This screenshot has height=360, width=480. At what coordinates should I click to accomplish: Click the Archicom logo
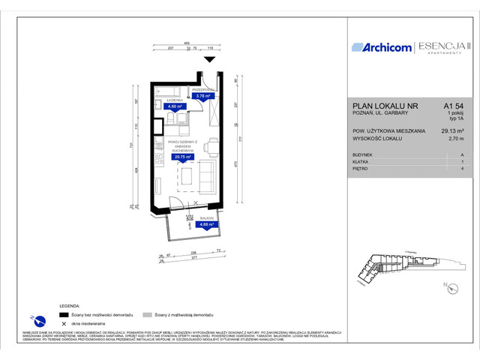coord(382,47)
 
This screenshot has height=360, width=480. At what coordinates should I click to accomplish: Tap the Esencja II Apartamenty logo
coord(445,47)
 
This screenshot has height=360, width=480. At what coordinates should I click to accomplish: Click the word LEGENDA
coord(71,307)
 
